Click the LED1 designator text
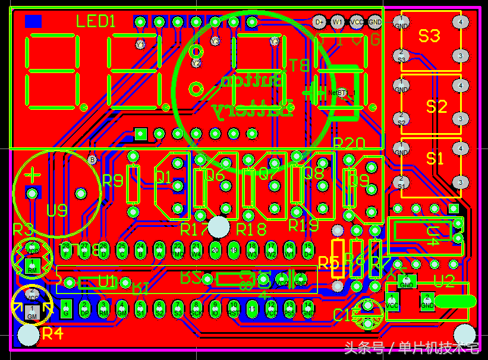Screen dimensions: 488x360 pos(96,23)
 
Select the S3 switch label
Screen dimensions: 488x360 pos(429,36)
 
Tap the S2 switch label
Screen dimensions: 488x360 pos(436,107)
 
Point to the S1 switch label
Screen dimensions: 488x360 pos(435,159)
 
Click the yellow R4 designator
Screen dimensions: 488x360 pos(52,334)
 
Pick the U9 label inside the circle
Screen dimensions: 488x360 pos(57,210)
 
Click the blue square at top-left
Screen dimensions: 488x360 pos(33,22)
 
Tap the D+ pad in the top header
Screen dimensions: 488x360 pos(320,23)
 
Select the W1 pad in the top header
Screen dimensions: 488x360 pos(338,23)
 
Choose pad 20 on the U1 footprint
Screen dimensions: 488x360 pos(215,250)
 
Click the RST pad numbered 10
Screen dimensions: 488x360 pos(234,308)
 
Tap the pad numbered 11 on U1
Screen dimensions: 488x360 pos(253,308)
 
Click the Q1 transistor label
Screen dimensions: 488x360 pos(163,177)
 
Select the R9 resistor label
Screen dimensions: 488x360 pos(113,181)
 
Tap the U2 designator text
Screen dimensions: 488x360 pos(444,280)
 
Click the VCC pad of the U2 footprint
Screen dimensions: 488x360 pos(392,302)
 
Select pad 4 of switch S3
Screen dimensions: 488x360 pos(460,23)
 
